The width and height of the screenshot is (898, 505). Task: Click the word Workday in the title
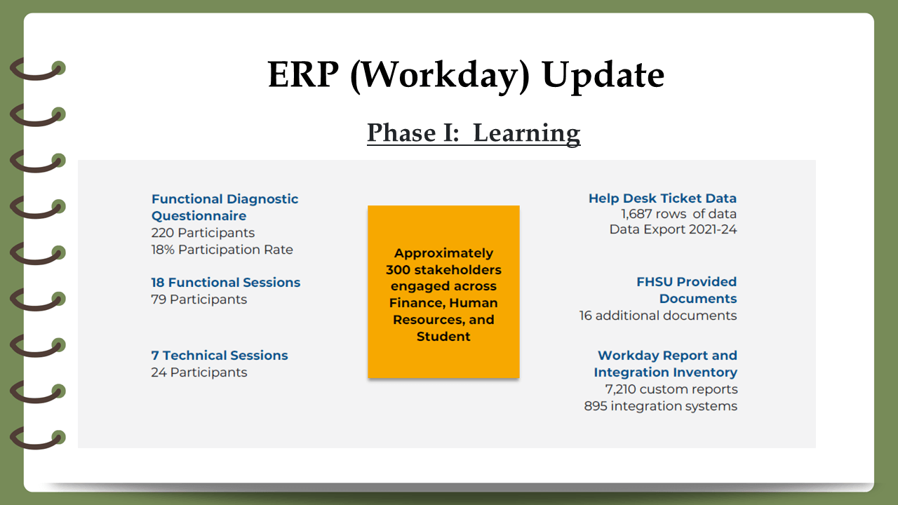tap(440, 75)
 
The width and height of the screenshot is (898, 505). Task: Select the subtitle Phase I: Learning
tap(474, 133)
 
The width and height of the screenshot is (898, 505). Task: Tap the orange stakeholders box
tap(443, 292)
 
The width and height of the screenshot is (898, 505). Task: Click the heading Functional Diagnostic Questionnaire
tap(224, 207)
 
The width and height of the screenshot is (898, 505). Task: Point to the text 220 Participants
tap(203, 232)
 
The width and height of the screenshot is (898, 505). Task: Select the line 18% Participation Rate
tap(222, 249)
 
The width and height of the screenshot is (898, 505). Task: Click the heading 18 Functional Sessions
tap(226, 282)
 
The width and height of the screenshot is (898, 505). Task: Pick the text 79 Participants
tap(199, 299)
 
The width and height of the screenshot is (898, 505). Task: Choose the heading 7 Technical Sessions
tap(220, 355)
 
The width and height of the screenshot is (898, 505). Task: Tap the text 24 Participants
tap(199, 372)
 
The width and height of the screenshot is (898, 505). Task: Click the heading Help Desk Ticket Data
tap(662, 198)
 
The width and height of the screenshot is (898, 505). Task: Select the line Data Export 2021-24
tap(673, 229)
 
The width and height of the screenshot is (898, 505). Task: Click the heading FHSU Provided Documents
tap(686, 290)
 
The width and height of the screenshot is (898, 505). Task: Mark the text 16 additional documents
tap(658, 316)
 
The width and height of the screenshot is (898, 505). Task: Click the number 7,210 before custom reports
tap(620, 389)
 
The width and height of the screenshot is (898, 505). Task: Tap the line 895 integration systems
tap(661, 406)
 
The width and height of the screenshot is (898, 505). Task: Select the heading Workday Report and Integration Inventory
tap(666, 363)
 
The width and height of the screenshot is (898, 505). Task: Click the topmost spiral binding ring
tap(37, 69)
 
